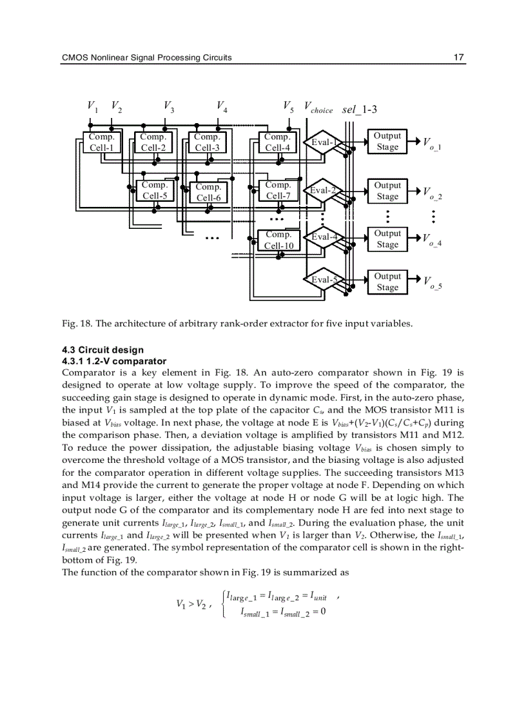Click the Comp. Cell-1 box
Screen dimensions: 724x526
tap(102, 142)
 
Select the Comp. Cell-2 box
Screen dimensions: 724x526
tap(153, 142)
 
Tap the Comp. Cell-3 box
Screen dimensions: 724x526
tap(207, 142)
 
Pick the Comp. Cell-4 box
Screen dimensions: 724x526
tap(277, 142)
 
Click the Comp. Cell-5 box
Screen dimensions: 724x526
tap(155, 190)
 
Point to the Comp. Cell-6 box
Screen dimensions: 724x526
tap(208, 192)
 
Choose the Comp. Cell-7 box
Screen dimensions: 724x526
tap(278, 190)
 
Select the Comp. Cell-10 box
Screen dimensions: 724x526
tap(278, 240)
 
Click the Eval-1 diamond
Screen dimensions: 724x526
tap(324, 142)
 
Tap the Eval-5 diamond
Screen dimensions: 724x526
tap(324, 280)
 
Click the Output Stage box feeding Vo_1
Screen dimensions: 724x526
tap(387, 141)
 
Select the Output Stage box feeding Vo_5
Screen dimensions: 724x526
tap(387, 282)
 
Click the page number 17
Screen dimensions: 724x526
tap(458, 57)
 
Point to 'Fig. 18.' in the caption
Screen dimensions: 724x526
tap(76, 324)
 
